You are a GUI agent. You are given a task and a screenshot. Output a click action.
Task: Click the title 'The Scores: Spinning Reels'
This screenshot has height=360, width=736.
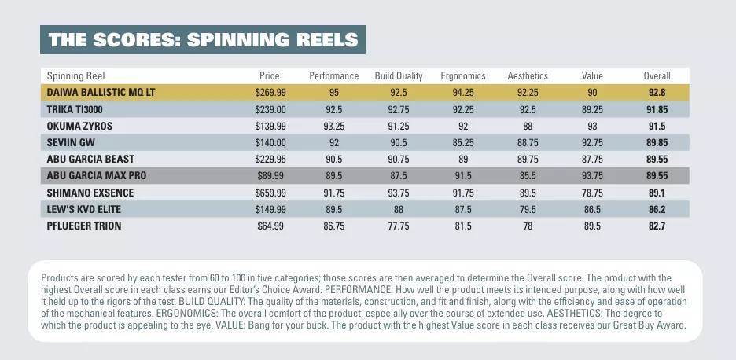point(203,39)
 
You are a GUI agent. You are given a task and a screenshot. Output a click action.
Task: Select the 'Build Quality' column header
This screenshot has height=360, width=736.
point(399,75)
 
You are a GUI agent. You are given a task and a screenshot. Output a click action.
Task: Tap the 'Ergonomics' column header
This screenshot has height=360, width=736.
point(463,75)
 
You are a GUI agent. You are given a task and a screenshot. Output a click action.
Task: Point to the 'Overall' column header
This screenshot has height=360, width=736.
point(657,75)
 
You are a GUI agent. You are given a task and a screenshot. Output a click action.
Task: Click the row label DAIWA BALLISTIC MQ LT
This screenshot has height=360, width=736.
point(101,93)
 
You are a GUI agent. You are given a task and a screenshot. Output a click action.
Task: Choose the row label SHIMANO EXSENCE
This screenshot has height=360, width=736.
point(90,193)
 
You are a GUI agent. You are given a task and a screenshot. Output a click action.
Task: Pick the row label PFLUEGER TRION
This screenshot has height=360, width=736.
point(84,226)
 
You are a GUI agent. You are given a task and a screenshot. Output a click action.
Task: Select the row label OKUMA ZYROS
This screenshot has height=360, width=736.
point(79,126)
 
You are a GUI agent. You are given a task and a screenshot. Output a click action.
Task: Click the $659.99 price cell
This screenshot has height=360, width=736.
point(270,193)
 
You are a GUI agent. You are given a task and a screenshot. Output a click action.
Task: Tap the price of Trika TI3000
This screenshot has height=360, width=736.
point(270,109)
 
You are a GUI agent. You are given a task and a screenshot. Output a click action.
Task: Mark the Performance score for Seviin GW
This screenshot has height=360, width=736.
point(333,143)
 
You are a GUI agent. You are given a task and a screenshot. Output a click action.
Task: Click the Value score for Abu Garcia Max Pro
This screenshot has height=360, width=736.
point(592,176)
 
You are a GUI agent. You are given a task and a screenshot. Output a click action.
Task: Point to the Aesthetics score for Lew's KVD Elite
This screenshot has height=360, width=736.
point(528,209)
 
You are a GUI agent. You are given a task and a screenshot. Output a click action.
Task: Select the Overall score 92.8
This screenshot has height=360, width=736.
point(657,93)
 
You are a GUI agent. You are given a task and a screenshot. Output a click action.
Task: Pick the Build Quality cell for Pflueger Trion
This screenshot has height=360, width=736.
point(399,226)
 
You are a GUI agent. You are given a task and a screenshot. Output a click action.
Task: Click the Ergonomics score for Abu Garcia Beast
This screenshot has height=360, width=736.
point(463,159)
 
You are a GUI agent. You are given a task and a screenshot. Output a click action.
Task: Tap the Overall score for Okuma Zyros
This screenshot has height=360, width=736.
point(657,126)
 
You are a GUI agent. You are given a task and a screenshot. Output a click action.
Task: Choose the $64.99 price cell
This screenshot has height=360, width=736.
point(270,226)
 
